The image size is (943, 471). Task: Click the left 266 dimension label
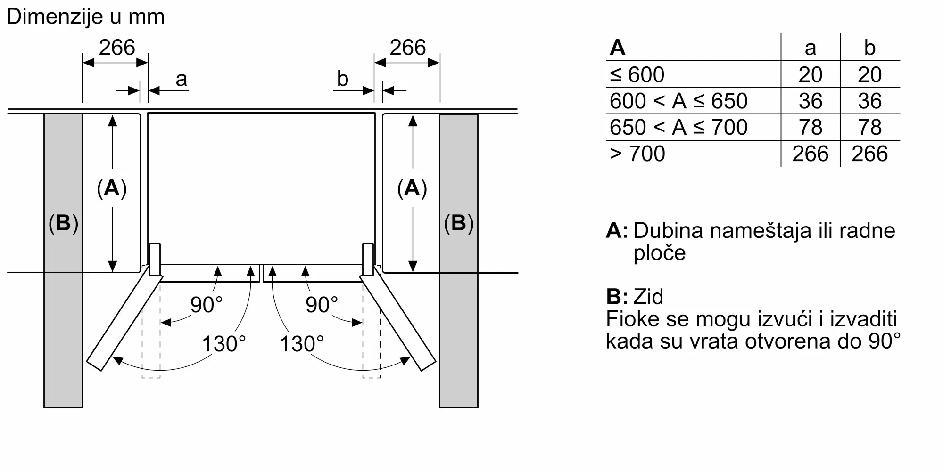117,48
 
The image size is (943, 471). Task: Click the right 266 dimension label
408,48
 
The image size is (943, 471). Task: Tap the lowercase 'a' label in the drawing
181,80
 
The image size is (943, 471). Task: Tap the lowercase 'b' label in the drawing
343,79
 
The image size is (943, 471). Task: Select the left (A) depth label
112,188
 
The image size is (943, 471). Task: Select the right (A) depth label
412,188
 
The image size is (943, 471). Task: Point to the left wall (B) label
63,223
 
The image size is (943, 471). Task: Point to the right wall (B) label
459,223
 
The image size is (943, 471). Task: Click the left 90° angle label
207,305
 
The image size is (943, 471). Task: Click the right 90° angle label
322,305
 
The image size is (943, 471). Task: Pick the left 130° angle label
224,344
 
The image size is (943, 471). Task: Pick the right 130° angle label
302,344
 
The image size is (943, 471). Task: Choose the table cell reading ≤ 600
637,74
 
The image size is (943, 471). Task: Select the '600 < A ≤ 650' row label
678,101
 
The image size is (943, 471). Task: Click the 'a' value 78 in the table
811,127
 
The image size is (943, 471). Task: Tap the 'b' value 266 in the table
870,154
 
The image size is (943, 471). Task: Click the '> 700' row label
637,154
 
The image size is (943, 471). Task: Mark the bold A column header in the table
618,48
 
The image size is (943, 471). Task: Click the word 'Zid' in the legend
648,297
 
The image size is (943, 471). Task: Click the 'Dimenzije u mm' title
85,16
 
